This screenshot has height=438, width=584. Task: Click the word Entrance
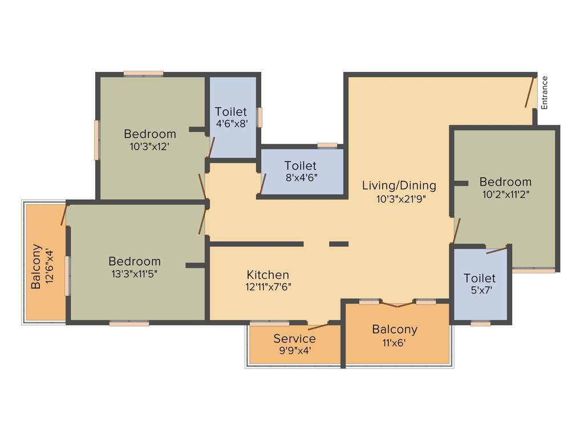(544, 92)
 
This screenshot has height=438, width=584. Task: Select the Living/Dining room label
(399, 185)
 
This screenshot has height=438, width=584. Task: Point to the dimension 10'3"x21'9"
(401, 199)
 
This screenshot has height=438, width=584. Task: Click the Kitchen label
(267, 275)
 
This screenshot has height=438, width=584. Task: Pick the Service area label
(294, 339)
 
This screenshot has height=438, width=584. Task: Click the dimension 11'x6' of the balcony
(395, 343)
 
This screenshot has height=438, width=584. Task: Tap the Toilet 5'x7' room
(479, 283)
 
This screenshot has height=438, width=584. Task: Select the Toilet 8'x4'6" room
(301, 171)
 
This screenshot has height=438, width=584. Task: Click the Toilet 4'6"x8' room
(231, 117)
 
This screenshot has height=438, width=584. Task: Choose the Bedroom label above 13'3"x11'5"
(135, 261)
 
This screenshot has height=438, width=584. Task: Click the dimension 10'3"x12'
(150, 146)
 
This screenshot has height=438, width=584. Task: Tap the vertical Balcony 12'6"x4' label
(42, 266)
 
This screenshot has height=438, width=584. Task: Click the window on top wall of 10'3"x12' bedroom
(144, 73)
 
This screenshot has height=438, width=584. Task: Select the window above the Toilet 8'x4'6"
(327, 145)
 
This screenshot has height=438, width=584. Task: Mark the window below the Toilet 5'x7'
(480, 323)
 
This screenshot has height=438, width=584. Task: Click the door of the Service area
(318, 327)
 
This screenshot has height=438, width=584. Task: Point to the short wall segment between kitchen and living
(339, 244)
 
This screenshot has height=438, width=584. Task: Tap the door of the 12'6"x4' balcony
(64, 214)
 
